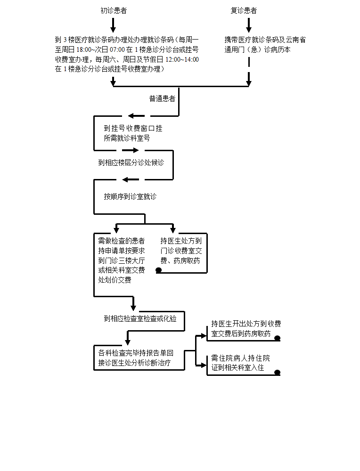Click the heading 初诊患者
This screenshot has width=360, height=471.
click(114, 10)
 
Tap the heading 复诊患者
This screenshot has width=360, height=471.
click(244, 10)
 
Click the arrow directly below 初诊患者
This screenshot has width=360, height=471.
click(113, 25)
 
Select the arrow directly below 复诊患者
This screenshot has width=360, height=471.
click(249, 25)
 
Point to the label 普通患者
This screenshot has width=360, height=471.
click(163, 98)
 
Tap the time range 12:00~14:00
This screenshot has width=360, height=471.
click(182, 59)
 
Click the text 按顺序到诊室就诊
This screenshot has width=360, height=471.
click(130, 196)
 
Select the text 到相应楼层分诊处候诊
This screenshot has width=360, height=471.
click(131, 162)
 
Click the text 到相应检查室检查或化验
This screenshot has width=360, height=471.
click(140, 318)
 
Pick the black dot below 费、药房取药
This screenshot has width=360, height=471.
click(159, 270)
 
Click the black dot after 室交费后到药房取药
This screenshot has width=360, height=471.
click(278, 338)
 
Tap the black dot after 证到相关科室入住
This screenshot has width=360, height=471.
click(278, 373)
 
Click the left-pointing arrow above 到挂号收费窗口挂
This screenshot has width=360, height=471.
click(137, 116)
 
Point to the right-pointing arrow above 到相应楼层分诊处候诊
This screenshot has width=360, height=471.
click(131, 150)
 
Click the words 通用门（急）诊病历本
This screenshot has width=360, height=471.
click(257, 49)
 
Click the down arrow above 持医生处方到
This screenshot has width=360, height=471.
click(173, 228)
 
